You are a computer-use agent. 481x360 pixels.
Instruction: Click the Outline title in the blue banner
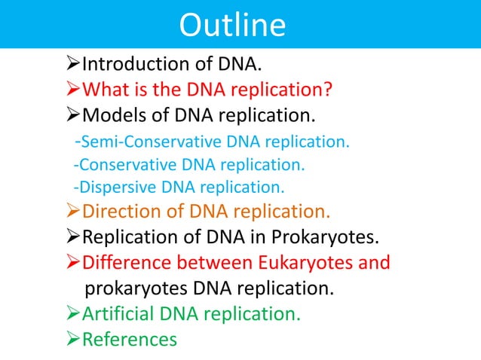click(232, 25)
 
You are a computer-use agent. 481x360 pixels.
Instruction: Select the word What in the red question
click(104, 90)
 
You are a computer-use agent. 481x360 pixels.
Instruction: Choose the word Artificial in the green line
click(117, 313)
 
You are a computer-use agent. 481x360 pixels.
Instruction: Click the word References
click(130, 340)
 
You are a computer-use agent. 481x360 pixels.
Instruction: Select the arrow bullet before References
click(73, 340)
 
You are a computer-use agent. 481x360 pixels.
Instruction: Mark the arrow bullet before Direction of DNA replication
click(73, 213)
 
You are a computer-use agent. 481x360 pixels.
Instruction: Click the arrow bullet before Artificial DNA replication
click(73, 313)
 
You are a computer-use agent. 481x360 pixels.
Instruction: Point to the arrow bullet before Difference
click(73, 264)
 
